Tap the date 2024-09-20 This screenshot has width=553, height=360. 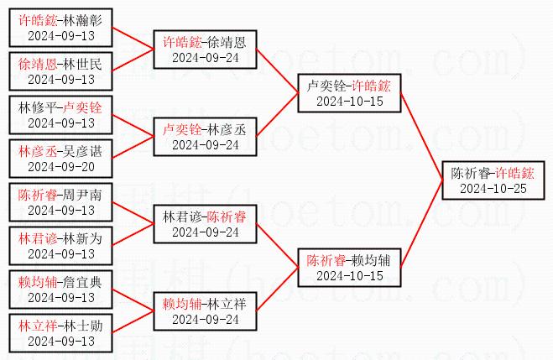click(61, 166)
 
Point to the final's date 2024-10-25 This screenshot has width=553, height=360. click(493, 188)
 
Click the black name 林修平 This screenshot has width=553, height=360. click(37, 107)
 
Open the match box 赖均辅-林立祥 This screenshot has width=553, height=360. click(205, 311)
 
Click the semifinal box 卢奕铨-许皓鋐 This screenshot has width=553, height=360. click(349, 93)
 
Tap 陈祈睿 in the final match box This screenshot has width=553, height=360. click(470, 173)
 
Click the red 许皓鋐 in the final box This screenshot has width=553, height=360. click(514, 173)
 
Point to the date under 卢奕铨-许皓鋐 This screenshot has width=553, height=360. click(349, 101)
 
